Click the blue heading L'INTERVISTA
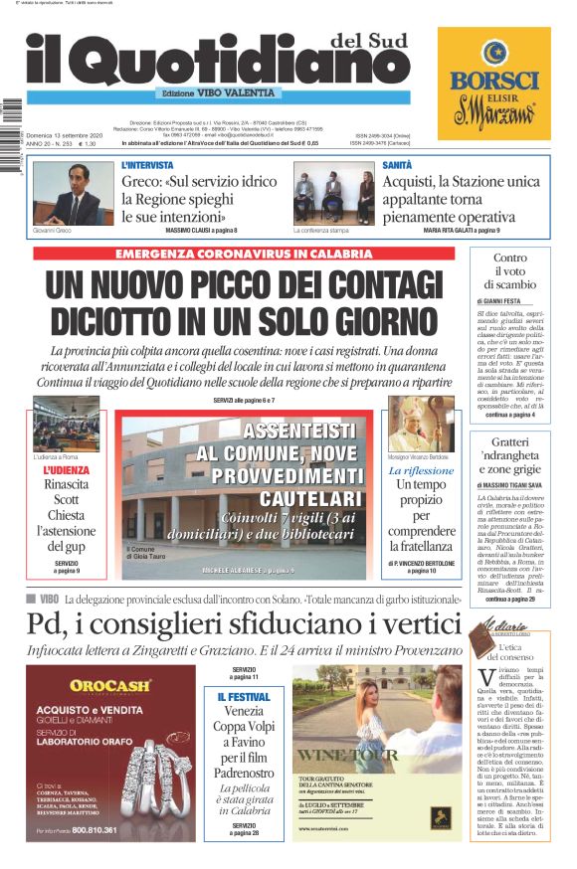[x=147, y=165]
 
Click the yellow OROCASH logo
[x=109, y=685]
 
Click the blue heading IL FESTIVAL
[x=244, y=697]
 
